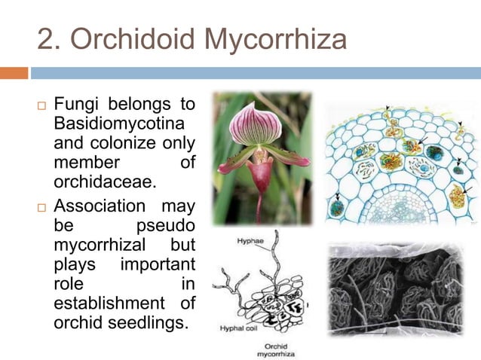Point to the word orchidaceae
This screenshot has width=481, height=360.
(x=97, y=181)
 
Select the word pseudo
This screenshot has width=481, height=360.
(x=165, y=225)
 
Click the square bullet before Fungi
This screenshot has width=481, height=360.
(x=42, y=104)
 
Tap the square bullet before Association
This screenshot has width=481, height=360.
(x=42, y=206)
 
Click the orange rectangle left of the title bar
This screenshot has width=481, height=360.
(x=14, y=73)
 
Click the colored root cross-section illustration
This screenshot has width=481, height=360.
(x=397, y=162)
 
